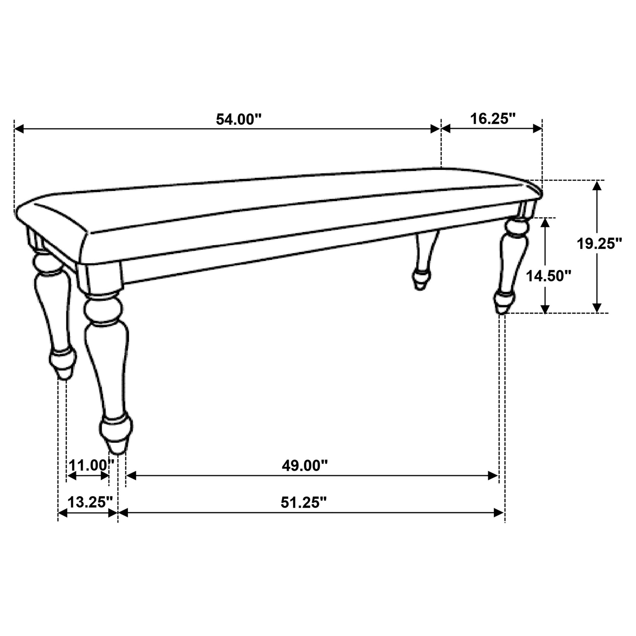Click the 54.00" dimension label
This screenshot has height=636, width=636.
pyautogui.click(x=238, y=120)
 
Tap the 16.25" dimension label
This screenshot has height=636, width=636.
pyautogui.click(x=492, y=119)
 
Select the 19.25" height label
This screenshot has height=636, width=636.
pyautogui.click(x=599, y=244)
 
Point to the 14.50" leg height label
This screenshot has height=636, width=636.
pyautogui.click(x=548, y=276)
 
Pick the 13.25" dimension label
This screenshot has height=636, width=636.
pyautogui.click(x=90, y=502)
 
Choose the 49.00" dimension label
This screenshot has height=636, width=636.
pyautogui.click(x=304, y=466)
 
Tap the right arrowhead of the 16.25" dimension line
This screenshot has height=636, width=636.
pyautogui.click(x=537, y=129)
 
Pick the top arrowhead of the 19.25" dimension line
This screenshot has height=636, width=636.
pyautogui.click(x=597, y=185)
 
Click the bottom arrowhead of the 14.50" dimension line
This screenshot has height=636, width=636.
pyautogui.click(x=545, y=308)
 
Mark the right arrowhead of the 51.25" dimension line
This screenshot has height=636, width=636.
pyautogui.click(x=499, y=513)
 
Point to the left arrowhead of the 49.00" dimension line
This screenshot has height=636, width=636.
pyautogui.click(x=131, y=476)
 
